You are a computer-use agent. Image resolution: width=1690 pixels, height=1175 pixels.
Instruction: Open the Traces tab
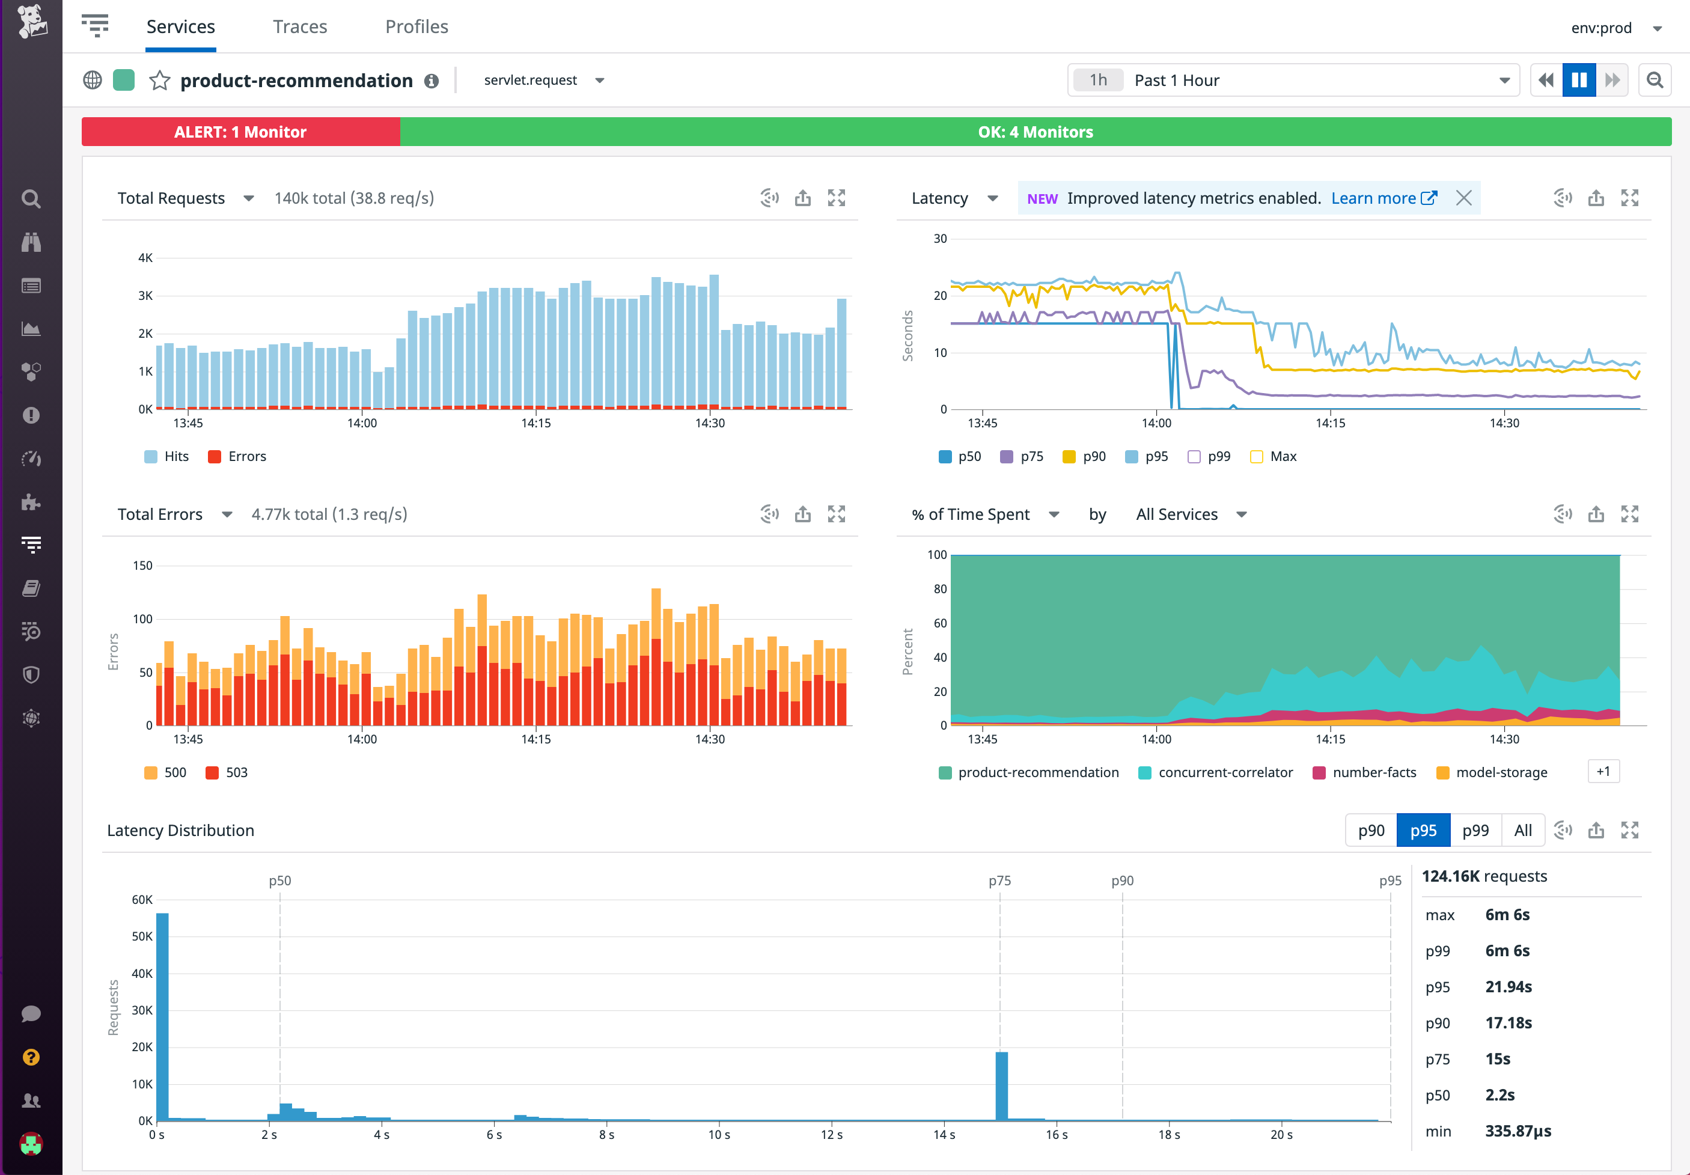coord(299,26)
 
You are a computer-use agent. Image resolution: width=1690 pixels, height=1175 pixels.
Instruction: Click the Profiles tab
coord(416,26)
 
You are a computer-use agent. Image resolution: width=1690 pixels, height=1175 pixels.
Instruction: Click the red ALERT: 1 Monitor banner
coord(240,132)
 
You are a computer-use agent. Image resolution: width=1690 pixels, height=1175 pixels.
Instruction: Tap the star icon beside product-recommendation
coord(160,81)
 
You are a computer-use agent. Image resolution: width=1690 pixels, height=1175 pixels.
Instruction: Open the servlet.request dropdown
coord(543,81)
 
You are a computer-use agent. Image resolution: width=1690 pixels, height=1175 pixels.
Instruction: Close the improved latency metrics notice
coord(1463,198)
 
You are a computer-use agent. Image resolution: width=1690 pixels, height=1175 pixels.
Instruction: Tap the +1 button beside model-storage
coord(1603,772)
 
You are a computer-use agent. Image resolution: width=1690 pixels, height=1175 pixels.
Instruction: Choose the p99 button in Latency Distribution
coord(1475,831)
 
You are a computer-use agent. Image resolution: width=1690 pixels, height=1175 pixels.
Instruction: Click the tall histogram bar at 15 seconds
coord(1001,1086)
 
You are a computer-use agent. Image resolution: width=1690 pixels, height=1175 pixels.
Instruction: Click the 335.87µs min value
coord(1517,1131)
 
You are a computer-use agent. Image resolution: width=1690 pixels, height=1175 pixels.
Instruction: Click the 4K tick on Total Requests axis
coord(145,258)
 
